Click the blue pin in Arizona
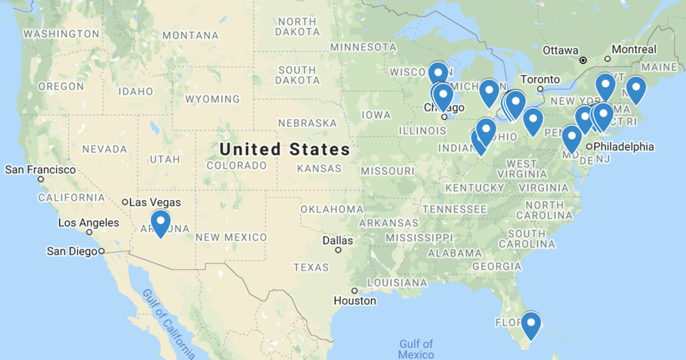(160, 222)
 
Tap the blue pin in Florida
(530, 323)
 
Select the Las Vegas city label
(155, 202)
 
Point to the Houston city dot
(355, 291)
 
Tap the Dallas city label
(338, 240)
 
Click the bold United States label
(284, 149)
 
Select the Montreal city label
(634, 49)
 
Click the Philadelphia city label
(623, 146)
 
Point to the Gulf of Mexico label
(416, 349)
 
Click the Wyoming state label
(212, 99)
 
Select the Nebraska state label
(308, 123)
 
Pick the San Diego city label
(72, 251)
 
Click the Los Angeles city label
(88, 223)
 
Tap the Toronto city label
(540, 79)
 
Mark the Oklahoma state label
(331, 209)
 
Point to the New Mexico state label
(231, 237)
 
